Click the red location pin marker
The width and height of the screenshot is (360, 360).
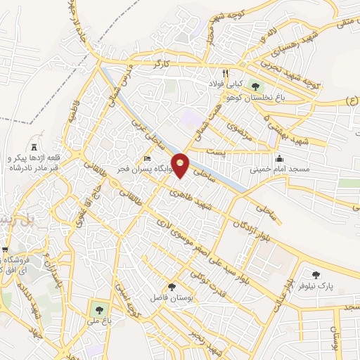(x=181, y=165)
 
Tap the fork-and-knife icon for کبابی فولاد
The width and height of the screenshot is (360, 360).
(x=225, y=72)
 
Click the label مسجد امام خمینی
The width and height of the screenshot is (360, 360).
(x=279, y=169)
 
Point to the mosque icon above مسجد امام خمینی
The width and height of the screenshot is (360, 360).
(x=280, y=157)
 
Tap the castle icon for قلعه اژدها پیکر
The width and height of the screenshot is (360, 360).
(x=34, y=143)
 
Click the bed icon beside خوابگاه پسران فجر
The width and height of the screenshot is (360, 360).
(x=147, y=157)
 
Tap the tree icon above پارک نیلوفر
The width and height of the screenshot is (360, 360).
(x=315, y=275)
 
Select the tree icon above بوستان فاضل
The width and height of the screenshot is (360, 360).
(x=172, y=285)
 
